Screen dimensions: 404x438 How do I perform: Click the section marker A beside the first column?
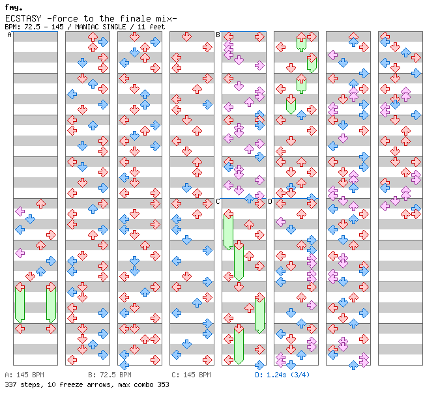[x=10, y=35]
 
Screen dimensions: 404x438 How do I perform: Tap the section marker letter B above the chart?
[x=218, y=35]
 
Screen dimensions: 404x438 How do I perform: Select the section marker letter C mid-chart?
[x=218, y=202]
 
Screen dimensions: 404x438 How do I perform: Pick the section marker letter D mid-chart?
[x=270, y=202]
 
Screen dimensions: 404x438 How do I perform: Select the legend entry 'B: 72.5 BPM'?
[x=109, y=375]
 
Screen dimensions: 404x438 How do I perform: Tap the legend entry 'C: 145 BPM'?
[x=191, y=375]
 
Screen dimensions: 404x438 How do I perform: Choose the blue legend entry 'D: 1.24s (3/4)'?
[x=282, y=375]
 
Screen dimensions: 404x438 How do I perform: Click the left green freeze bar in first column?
[x=20, y=304]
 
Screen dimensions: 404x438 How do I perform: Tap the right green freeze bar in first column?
[x=51, y=304]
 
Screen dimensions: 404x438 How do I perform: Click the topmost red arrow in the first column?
[x=41, y=203]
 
